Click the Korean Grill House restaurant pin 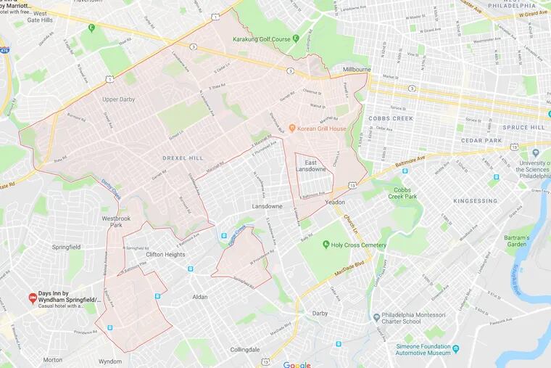pos(291,128)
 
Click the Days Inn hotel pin pos(32,298)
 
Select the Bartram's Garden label pos(518,241)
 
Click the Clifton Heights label pos(165,254)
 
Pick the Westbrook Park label pos(117,221)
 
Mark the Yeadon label pos(336,203)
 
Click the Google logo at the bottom pos(297,364)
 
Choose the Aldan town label pos(199,296)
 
